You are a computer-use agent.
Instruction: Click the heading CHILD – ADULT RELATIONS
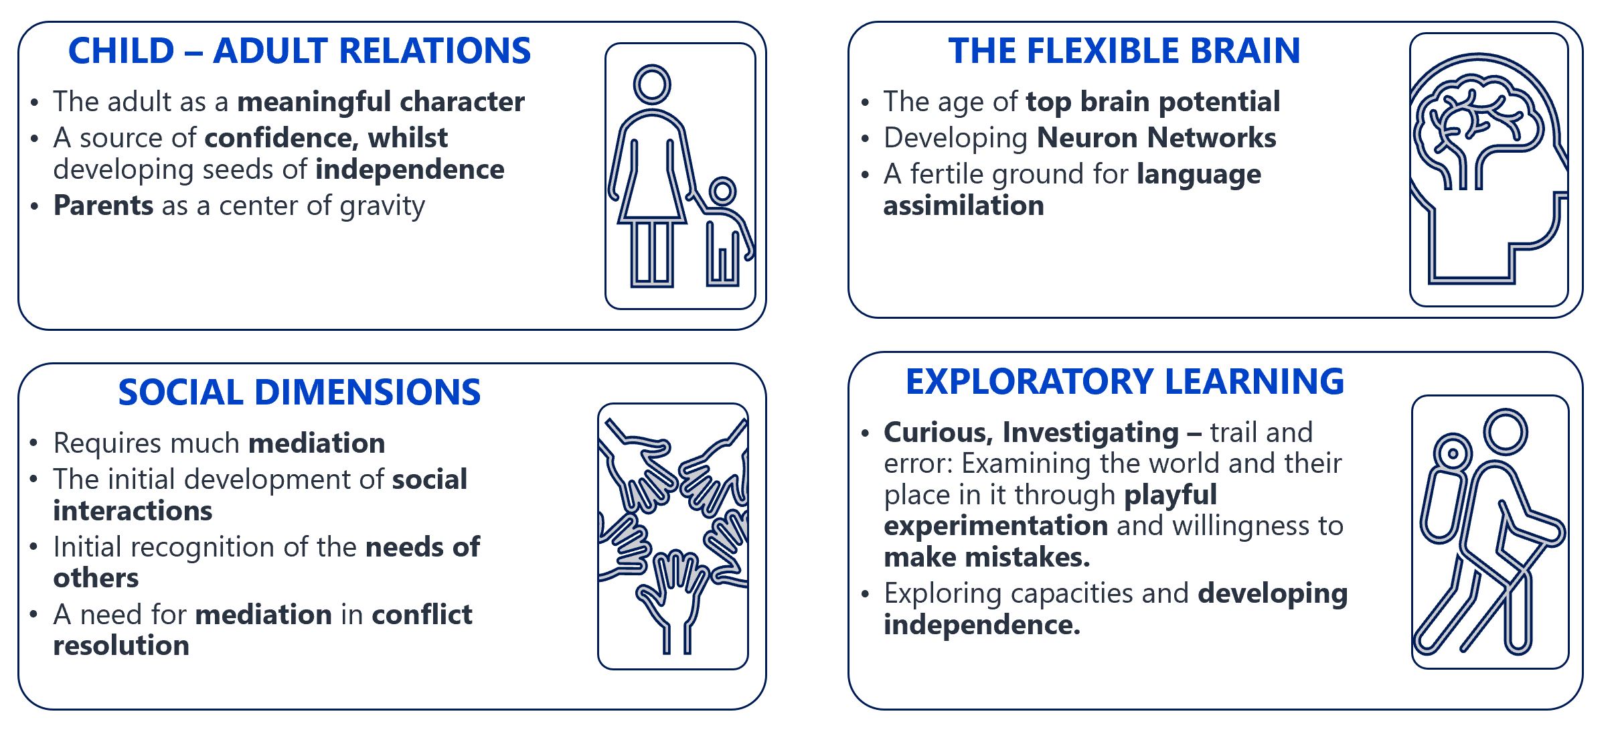[x=299, y=51]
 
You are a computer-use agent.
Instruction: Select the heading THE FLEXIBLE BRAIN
[x=1124, y=51]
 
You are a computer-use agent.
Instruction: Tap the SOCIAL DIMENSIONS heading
[x=299, y=392]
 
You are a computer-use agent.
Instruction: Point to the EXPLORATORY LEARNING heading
[x=1125, y=382]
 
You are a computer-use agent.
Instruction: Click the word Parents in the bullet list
[x=103, y=206]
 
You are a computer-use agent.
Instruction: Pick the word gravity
[x=382, y=207]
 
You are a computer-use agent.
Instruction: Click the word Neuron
[x=1088, y=138]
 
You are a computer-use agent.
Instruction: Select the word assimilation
[x=963, y=206]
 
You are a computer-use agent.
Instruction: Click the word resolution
[x=121, y=646]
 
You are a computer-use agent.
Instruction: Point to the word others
[x=96, y=578]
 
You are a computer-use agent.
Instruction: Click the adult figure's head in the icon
[x=652, y=85]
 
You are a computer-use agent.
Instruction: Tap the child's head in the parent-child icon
[x=722, y=192]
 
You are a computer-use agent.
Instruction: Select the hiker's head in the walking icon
[x=1506, y=432]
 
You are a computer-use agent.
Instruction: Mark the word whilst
[x=408, y=138]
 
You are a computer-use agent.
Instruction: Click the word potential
[x=1219, y=102]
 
